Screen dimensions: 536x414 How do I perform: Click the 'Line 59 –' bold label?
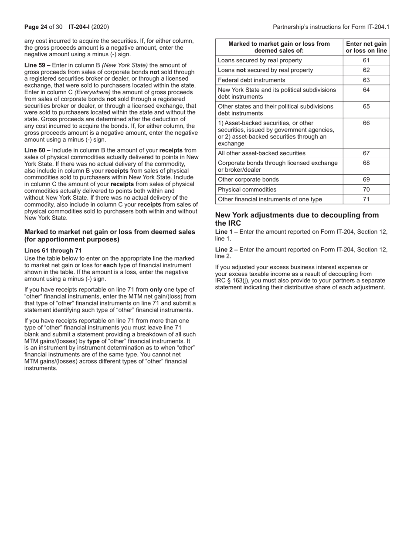click(x=37, y=65)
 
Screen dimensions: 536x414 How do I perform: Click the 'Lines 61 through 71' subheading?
click(x=53, y=250)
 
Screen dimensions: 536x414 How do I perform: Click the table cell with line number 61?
click(x=366, y=60)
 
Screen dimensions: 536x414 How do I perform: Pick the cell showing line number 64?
click(x=366, y=90)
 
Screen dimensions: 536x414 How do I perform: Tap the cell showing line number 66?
click(x=366, y=123)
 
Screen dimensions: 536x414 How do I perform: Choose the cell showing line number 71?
click(x=366, y=199)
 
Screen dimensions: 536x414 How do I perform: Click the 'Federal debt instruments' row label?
click(x=251, y=80)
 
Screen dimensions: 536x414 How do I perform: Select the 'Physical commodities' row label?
click(x=247, y=190)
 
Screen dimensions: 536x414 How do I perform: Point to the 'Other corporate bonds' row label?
click(x=248, y=180)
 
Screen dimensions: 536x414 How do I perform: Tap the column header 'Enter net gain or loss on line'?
click(x=366, y=47)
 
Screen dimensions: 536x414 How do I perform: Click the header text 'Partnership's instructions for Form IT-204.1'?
click(x=331, y=27)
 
